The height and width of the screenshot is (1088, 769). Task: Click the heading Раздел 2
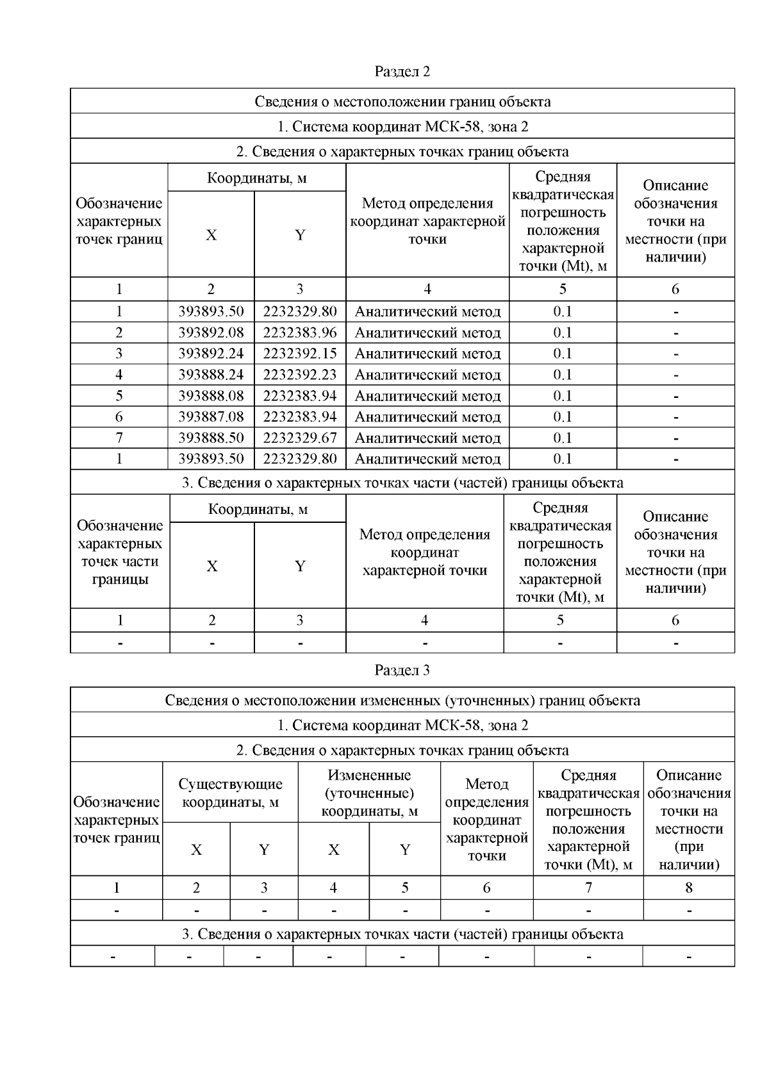coord(402,71)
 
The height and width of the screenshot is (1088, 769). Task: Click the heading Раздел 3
coord(402,670)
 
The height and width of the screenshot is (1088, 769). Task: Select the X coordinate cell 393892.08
coord(211,333)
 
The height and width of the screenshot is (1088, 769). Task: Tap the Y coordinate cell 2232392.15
coord(299,354)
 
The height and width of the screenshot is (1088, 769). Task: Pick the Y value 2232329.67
coord(299,438)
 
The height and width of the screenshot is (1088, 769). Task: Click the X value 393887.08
coord(211,417)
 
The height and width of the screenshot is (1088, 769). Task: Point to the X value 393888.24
coord(211,375)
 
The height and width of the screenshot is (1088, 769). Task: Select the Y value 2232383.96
coord(299,333)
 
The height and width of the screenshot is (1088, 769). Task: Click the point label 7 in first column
coord(119,438)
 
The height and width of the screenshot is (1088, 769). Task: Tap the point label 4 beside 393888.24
coord(119,375)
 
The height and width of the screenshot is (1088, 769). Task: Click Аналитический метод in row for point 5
coord(427,396)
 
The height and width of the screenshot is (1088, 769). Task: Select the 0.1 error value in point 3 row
coord(562,354)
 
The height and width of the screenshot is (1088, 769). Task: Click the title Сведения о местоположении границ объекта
coord(402,101)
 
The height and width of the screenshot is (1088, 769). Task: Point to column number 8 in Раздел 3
coord(689,887)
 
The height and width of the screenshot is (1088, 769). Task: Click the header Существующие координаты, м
coord(230,793)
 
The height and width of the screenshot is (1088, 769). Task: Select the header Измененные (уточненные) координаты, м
coord(369,793)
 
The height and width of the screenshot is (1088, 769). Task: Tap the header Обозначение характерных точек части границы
coord(120,552)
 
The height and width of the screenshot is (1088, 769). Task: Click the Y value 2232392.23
coord(299,375)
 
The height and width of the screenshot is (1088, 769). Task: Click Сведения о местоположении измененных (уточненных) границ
coord(402,700)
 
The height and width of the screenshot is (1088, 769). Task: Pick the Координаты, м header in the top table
coord(256,178)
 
